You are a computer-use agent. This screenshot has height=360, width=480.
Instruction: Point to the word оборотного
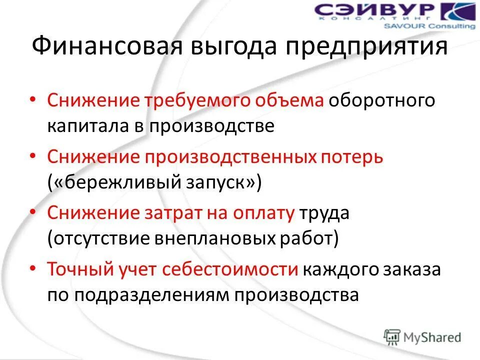click(381, 100)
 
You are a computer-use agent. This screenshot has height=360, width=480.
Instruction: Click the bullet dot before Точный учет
click(33, 268)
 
